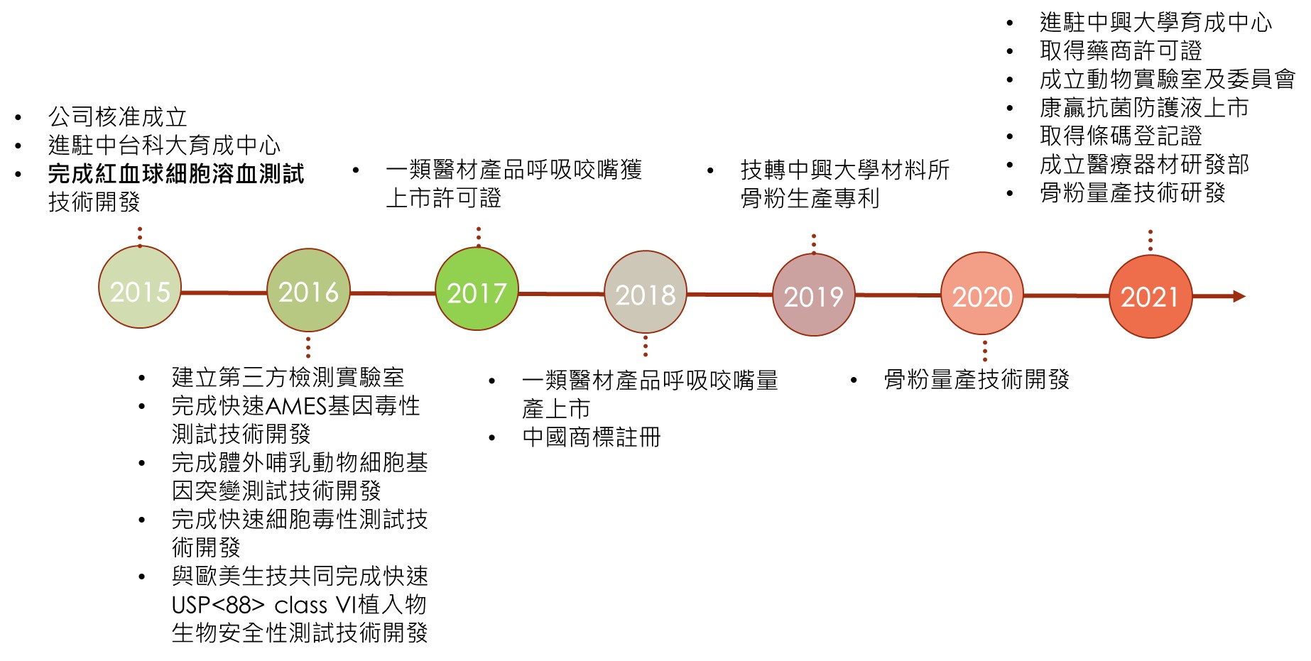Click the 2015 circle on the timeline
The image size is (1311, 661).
(140, 288)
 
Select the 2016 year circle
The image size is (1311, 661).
(308, 290)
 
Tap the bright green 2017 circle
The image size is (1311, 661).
(477, 290)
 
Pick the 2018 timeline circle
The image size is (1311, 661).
(645, 292)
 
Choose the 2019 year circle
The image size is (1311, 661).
(813, 295)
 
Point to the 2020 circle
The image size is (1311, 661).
(982, 294)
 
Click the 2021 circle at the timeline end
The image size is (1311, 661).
(1150, 296)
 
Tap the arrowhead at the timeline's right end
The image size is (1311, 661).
(1239, 296)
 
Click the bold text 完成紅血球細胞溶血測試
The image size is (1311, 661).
(176, 174)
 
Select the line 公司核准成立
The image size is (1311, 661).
(118, 117)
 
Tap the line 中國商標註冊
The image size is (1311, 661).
(591, 437)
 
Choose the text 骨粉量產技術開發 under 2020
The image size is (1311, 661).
(977, 380)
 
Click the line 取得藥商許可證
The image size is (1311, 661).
(1120, 51)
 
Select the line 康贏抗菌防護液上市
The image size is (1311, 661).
(1143, 108)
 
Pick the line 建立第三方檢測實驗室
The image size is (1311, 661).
(288, 378)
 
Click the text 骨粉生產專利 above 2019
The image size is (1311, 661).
(810, 199)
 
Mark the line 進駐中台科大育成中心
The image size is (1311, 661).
(164, 146)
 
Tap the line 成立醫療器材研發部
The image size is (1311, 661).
(1143, 165)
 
